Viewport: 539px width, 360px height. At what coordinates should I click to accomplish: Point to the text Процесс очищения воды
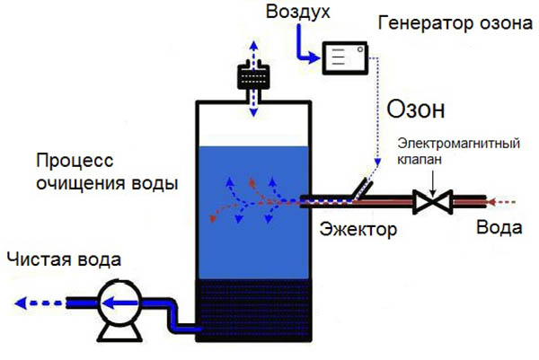(x=106, y=172)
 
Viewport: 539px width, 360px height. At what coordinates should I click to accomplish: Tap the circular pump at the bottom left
(x=116, y=300)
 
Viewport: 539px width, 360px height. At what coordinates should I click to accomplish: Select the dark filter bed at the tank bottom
(x=254, y=310)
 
